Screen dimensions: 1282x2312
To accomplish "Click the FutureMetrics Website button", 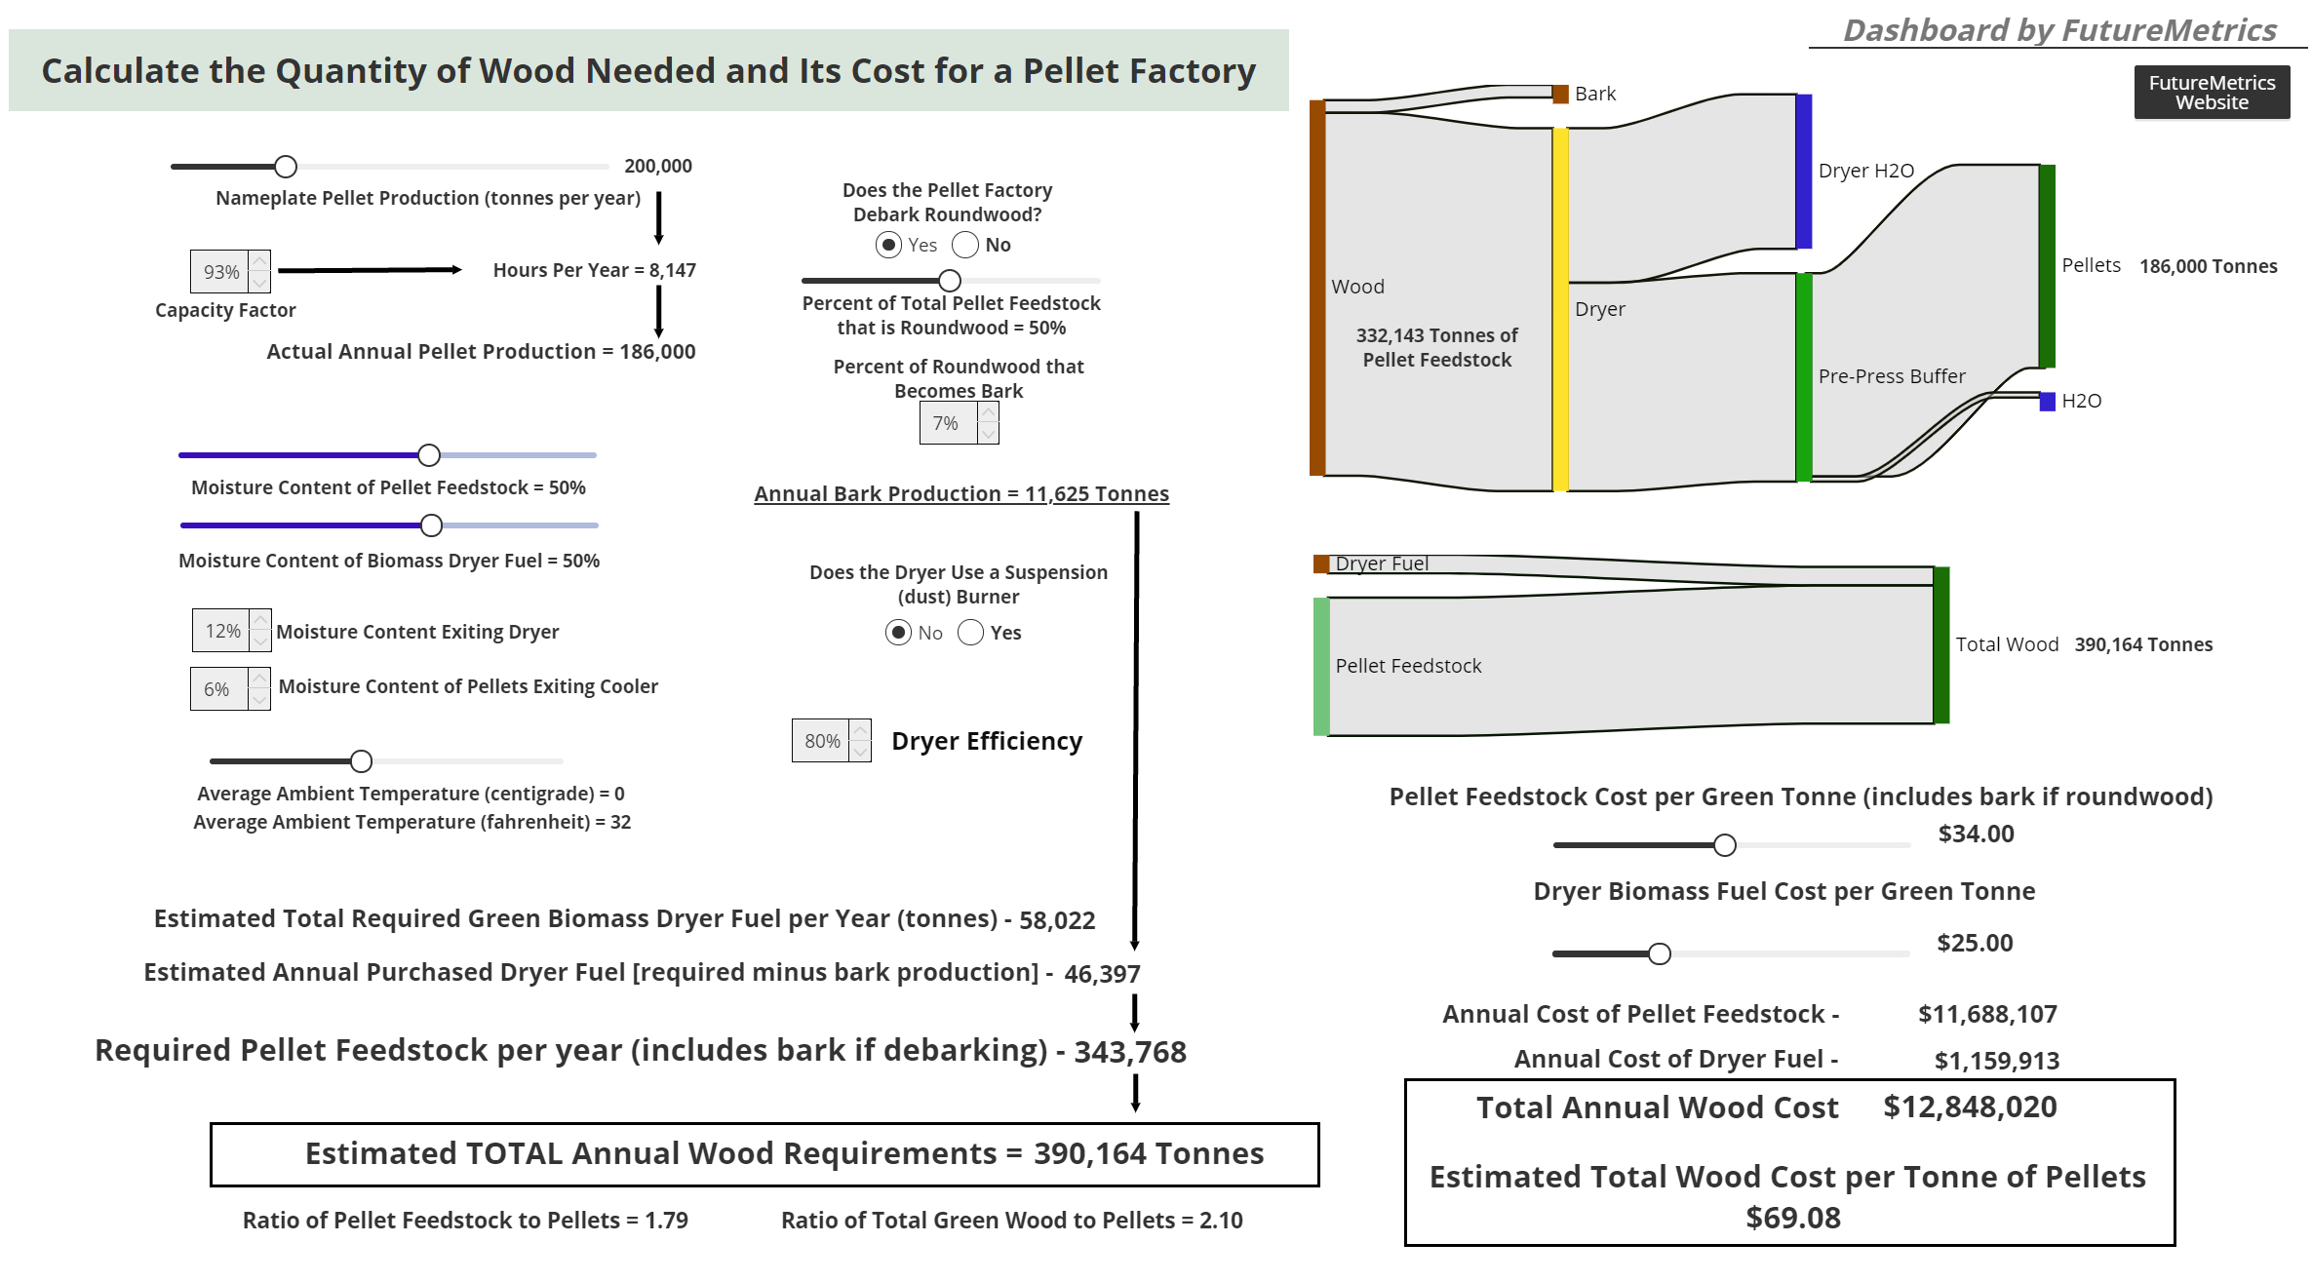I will click(x=2211, y=93).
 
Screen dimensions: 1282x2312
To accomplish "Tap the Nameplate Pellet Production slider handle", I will click(x=285, y=167).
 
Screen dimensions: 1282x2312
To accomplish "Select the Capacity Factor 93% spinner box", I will click(x=221, y=272).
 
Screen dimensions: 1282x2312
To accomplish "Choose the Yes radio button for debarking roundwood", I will click(x=888, y=245).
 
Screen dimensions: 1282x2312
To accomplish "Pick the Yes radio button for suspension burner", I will click(x=970, y=633).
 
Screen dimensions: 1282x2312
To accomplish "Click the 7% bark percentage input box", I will click(x=947, y=423).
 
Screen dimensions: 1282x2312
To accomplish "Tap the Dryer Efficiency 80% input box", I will click(x=822, y=741).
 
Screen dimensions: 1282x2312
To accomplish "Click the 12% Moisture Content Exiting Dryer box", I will click(x=223, y=631).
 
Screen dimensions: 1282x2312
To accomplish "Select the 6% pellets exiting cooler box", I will click(x=218, y=689).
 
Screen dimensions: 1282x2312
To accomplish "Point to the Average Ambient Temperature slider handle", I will click(x=361, y=760).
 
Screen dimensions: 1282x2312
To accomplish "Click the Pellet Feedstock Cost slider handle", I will click(x=1724, y=845).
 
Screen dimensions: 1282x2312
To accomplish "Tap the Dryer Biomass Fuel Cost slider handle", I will click(x=1659, y=953).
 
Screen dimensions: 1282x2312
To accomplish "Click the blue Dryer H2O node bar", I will click(x=1804, y=171).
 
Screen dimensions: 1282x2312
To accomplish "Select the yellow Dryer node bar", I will click(x=1560, y=309).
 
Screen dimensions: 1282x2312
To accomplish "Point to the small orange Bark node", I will click(x=1560, y=94).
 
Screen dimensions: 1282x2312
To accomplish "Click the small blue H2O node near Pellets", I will click(x=2047, y=401).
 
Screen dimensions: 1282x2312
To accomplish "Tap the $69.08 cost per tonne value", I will click(x=1792, y=1218).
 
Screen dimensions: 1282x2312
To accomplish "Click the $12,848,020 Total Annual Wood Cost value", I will click(x=1970, y=1107).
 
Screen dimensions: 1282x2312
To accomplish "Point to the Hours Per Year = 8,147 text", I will click(x=594, y=270).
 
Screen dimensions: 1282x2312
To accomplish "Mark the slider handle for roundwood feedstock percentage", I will click(x=949, y=281).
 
